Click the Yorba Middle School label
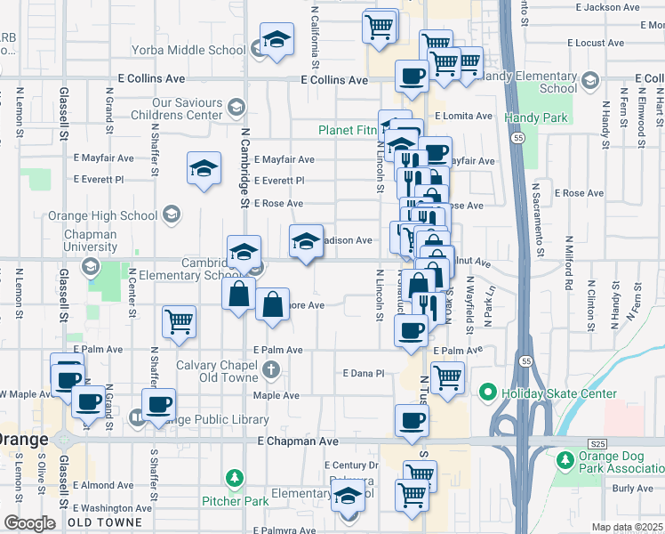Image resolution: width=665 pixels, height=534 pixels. coord(188,51)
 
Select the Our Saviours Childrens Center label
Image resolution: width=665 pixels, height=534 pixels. coord(176,109)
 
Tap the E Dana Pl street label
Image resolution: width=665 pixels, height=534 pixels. coord(363,374)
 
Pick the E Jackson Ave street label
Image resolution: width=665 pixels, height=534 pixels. coord(607,7)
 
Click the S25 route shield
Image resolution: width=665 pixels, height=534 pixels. coord(598,442)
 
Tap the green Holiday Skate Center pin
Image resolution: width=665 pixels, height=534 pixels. coord(486,392)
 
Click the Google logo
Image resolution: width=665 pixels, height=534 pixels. coord(29,523)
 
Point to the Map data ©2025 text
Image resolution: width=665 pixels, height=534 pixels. coord(627,527)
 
